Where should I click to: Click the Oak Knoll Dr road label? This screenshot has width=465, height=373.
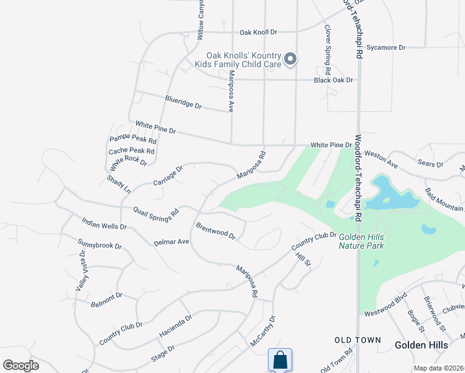pyautogui.click(x=258, y=32)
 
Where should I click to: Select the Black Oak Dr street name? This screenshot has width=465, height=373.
pyautogui.click(x=333, y=80)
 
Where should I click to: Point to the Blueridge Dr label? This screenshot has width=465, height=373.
pyautogui.click(x=183, y=102)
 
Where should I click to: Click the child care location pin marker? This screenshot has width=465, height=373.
pyautogui.click(x=290, y=60)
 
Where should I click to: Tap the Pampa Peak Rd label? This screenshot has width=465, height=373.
pyautogui.click(x=132, y=140)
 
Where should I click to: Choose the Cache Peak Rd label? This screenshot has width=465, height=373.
pyautogui.click(x=131, y=151)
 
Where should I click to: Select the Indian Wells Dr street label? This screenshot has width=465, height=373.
pyautogui.click(x=104, y=223)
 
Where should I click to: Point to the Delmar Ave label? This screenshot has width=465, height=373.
pyautogui.click(x=171, y=242)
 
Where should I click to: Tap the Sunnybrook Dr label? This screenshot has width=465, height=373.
pyautogui.click(x=99, y=245)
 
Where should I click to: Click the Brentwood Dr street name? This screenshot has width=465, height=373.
pyautogui.click(x=216, y=231)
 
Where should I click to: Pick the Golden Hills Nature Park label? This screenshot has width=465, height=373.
pyautogui.click(x=361, y=241)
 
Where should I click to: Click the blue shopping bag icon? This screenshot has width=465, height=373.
pyautogui.click(x=280, y=359)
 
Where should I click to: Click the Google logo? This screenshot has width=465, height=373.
pyautogui.click(x=21, y=366)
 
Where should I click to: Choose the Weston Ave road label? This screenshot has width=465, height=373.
pyautogui.click(x=380, y=158)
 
